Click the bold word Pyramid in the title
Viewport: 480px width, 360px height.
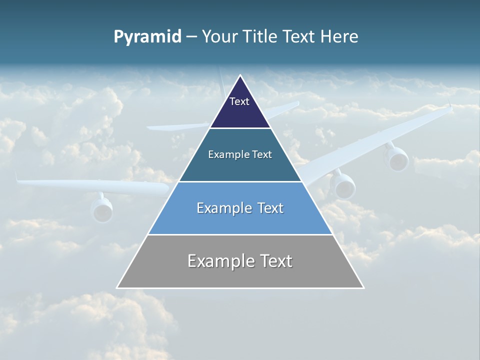[x=147, y=37]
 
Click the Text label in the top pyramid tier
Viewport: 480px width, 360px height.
[x=239, y=101]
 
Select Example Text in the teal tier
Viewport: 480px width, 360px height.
[x=240, y=154]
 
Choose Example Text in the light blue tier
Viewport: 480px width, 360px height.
[x=240, y=208]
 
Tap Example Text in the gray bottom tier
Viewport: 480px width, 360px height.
[x=240, y=261]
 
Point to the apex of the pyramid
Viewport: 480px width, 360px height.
[x=240, y=75]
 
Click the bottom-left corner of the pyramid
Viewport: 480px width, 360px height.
[x=117, y=287]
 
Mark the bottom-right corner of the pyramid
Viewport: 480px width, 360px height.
[x=363, y=287]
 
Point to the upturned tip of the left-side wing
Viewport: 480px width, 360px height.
[x=16, y=176]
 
